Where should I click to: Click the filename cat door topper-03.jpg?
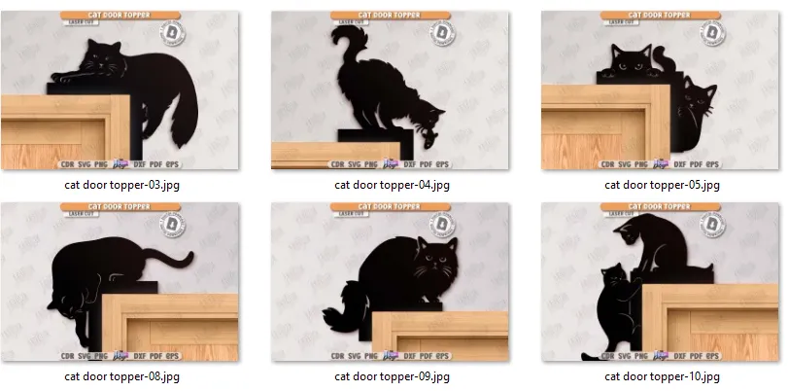[x=120, y=183]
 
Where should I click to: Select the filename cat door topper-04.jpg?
[x=392, y=183]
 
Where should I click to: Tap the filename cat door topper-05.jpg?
[x=662, y=183]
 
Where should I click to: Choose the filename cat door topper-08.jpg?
[x=120, y=375]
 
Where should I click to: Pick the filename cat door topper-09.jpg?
[x=392, y=375]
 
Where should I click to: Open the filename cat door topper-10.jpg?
[x=662, y=375]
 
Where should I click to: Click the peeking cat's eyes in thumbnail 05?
[x=628, y=69]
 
